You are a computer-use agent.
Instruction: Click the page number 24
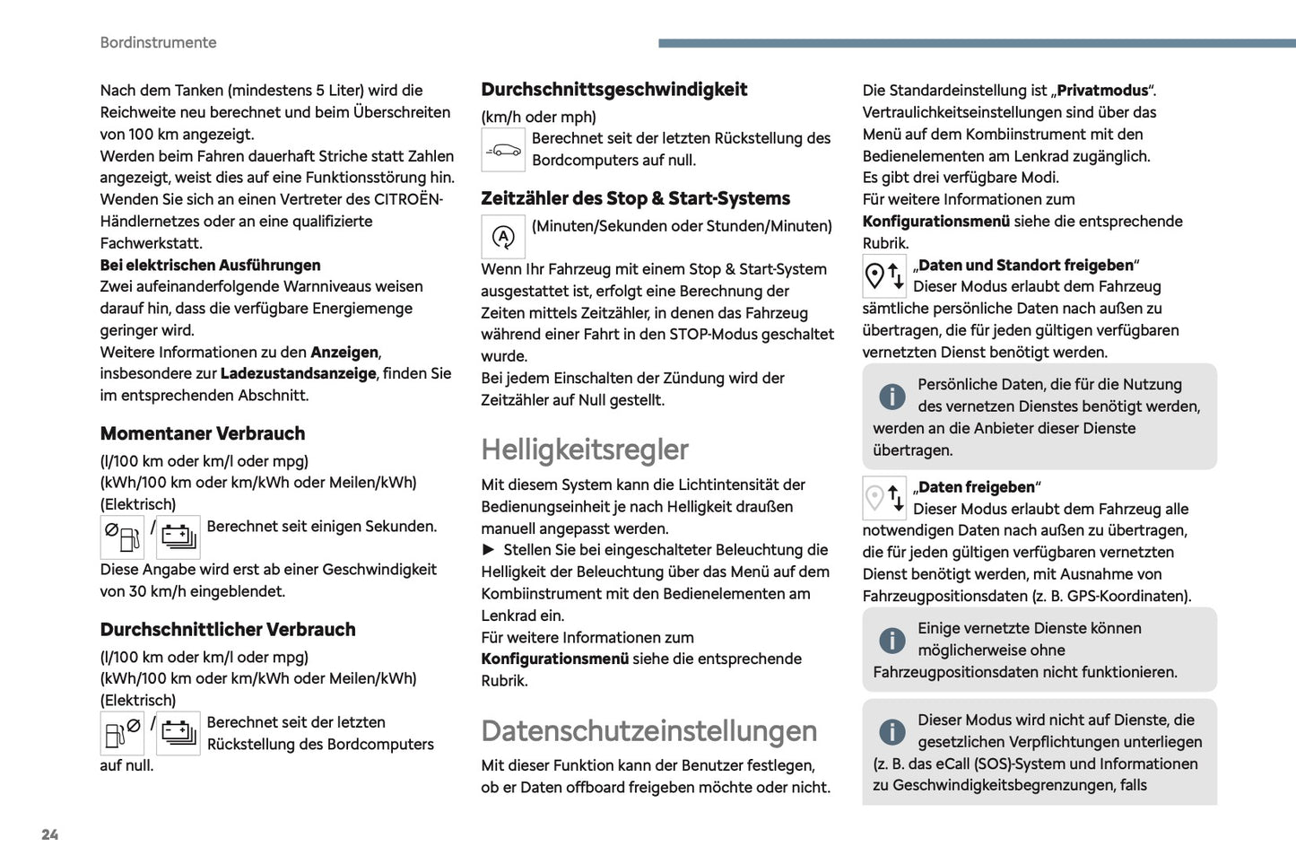click(x=50, y=834)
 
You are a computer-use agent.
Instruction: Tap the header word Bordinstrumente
click(x=158, y=42)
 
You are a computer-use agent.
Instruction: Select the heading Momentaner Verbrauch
click(x=203, y=433)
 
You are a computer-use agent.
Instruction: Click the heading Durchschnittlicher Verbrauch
click(x=228, y=629)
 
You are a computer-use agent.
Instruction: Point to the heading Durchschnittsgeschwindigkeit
click(x=613, y=89)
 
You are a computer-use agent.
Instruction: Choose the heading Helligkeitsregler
click(x=585, y=449)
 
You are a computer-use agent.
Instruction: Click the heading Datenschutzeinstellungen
click(x=648, y=730)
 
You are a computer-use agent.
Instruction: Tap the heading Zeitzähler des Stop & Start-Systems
click(x=635, y=198)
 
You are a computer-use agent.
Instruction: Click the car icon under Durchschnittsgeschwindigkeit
click(x=503, y=149)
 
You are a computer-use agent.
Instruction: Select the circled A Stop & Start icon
click(x=503, y=237)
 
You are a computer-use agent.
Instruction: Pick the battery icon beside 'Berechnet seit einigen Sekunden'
click(x=178, y=537)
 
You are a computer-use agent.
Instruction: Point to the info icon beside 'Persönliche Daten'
click(x=892, y=396)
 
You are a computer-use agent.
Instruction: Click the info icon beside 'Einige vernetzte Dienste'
click(x=892, y=640)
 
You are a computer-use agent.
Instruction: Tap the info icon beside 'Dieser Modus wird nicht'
click(x=892, y=731)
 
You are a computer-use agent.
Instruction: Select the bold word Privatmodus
click(x=1102, y=90)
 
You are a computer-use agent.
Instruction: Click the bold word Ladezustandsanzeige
click(x=298, y=373)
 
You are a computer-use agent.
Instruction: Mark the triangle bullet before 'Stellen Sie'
click(x=489, y=549)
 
